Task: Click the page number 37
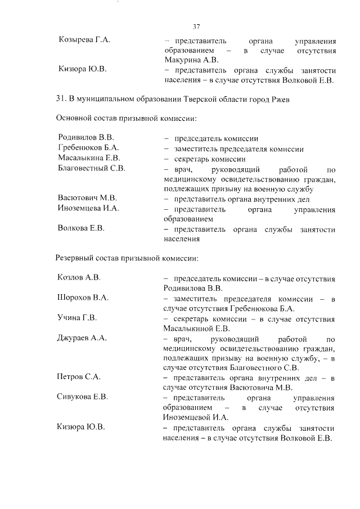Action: pyautogui.click(x=196, y=26)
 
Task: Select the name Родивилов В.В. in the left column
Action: pyautogui.click(x=86, y=137)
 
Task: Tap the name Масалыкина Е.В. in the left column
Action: pyautogui.click(x=89, y=158)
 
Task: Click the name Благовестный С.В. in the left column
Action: pyautogui.click(x=91, y=168)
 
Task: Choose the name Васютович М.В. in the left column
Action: pyautogui.click(x=87, y=198)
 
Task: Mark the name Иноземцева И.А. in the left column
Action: pyautogui.click(x=88, y=209)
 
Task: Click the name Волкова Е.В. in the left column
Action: pyautogui.click(x=81, y=228)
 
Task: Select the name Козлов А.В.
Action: pyautogui.click(x=79, y=278)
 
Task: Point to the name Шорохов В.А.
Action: pyautogui.click(x=83, y=298)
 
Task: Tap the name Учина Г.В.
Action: pyautogui.click(x=77, y=318)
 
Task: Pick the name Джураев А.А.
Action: pyautogui.click(x=82, y=338)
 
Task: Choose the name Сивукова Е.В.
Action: pyautogui.click(x=83, y=397)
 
